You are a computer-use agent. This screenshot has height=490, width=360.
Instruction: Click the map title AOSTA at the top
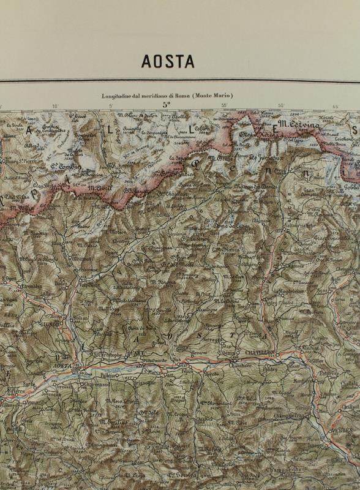[168, 61]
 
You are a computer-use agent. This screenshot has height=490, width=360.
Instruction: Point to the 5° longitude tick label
[166, 105]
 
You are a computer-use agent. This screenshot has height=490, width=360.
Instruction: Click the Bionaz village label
[142, 228]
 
